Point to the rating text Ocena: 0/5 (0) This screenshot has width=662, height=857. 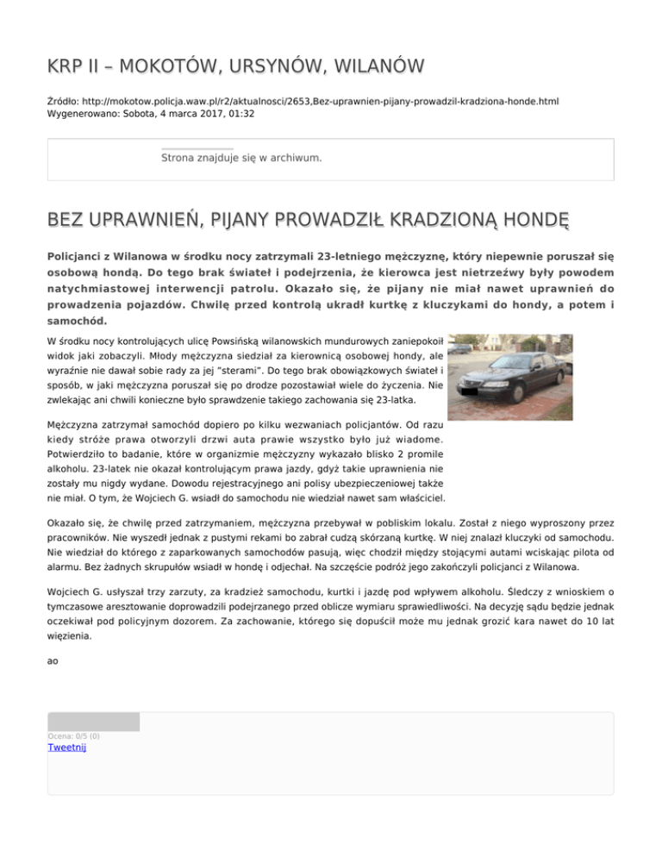coord(73,736)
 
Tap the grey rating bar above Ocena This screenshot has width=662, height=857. coord(93,722)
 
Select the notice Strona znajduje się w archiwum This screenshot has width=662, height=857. coord(241,158)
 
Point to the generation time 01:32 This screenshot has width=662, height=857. coord(239,113)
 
